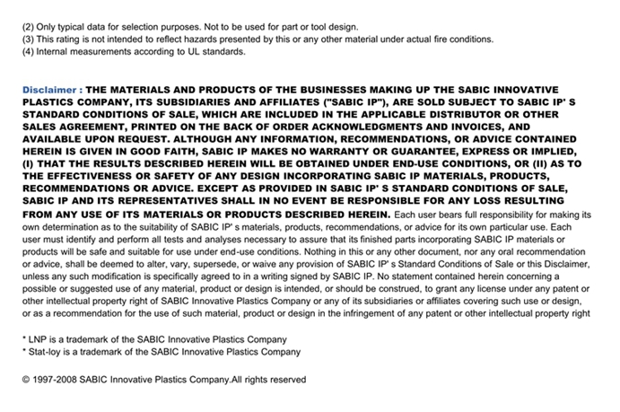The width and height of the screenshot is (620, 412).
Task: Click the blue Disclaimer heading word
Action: pos(50,91)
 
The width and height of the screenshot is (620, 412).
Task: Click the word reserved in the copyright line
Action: pos(284,380)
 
